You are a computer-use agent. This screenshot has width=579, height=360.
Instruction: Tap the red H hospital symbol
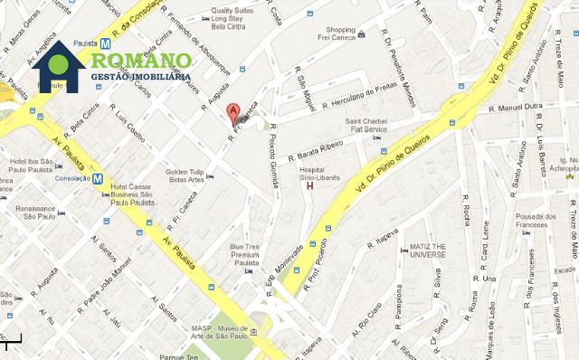tap(311, 188)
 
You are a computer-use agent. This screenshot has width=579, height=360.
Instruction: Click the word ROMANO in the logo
tap(139, 61)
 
